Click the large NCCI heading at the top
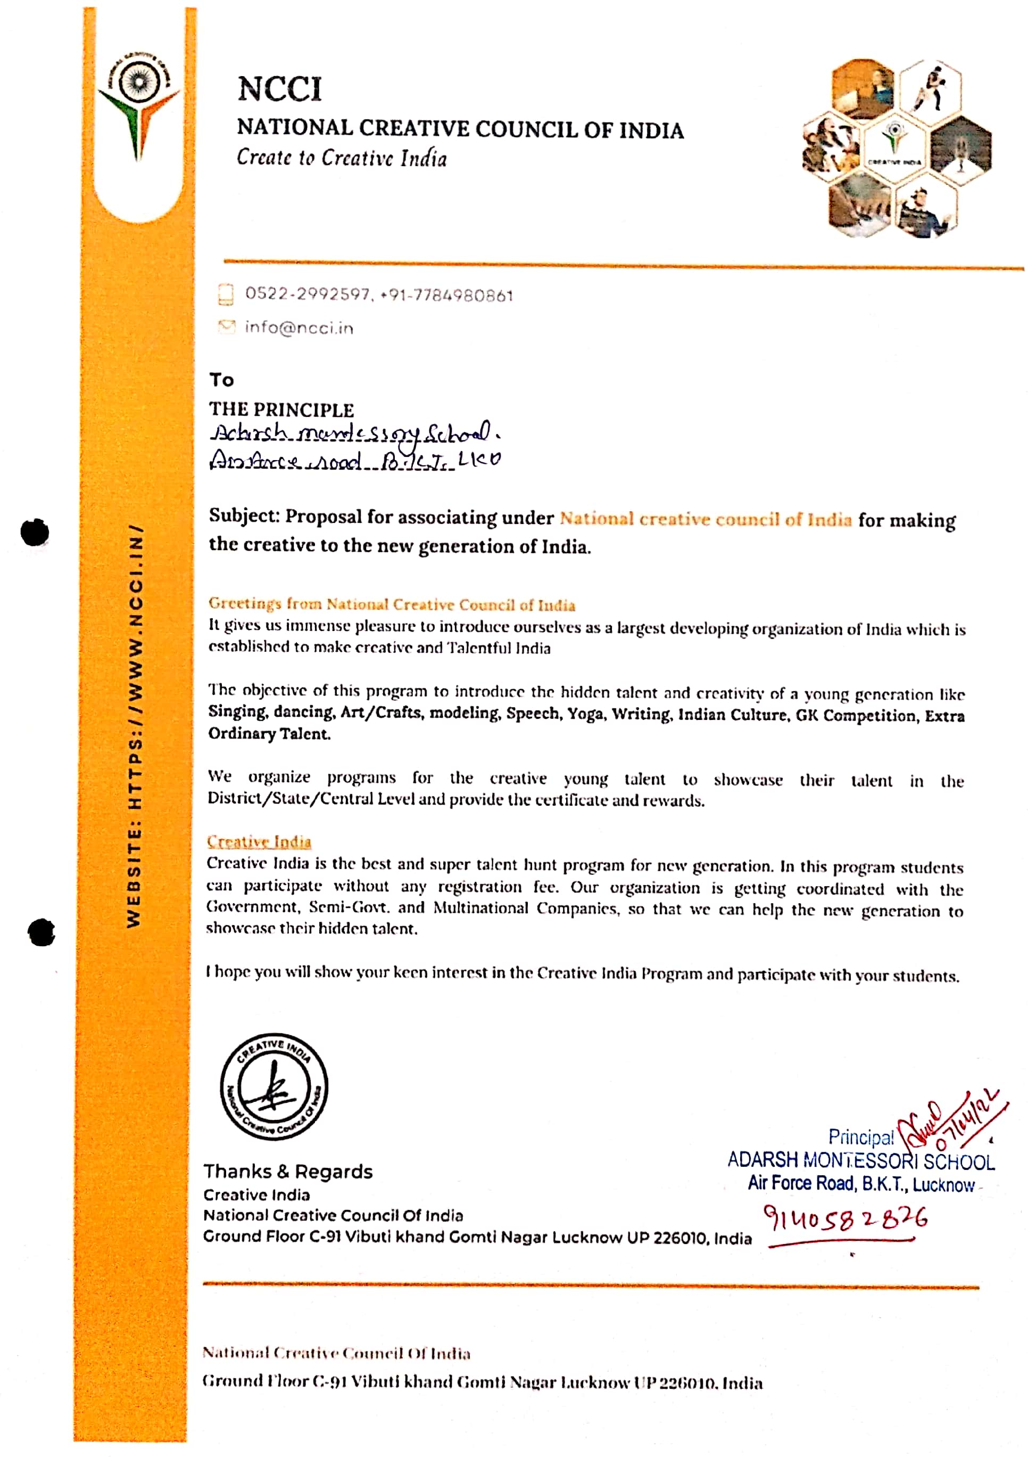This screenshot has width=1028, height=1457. pos(280,88)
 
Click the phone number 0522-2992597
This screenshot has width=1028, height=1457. pos(308,294)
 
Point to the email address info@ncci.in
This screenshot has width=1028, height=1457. pos(300,328)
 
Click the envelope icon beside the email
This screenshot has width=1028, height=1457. pos(226,327)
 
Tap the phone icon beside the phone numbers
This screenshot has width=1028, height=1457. pos(225,294)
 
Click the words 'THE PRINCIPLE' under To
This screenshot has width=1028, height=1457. pos(281,410)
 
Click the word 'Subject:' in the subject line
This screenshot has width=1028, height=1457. pos(244,516)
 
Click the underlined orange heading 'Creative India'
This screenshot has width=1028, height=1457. pos(259,841)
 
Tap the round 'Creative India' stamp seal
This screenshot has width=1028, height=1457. pos(274,1086)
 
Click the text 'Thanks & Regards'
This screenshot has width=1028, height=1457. pos(288,1172)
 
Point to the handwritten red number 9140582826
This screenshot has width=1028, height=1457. pos(845,1218)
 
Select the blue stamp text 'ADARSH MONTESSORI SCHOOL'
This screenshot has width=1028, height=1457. pos(860,1161)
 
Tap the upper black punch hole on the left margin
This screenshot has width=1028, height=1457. pos(35,532)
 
